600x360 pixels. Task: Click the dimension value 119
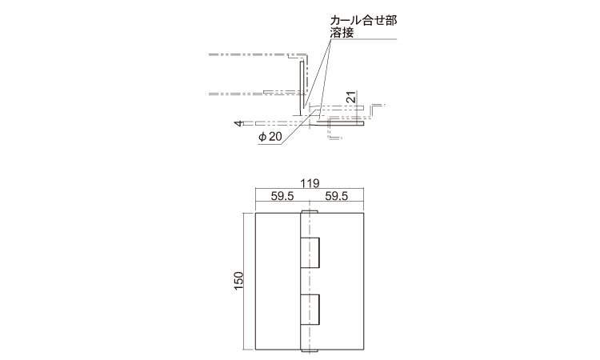310,184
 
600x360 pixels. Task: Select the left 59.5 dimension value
282,196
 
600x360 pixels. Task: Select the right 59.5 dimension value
337,196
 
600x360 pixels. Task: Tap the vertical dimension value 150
238,281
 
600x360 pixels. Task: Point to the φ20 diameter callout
270,137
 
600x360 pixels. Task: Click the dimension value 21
351,97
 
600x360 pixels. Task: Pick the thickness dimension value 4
238,123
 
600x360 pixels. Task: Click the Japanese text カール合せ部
363,20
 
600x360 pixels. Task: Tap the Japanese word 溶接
342,33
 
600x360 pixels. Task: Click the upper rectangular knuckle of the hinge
310,253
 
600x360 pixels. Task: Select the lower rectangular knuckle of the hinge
310,310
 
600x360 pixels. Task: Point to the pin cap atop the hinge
310,211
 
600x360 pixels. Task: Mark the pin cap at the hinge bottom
310,351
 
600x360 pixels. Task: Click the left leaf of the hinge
278,281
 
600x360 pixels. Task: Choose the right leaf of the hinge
342,281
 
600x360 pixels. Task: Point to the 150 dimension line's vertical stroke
244,281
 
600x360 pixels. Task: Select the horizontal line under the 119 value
310,189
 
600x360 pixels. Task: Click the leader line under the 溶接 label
363,38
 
